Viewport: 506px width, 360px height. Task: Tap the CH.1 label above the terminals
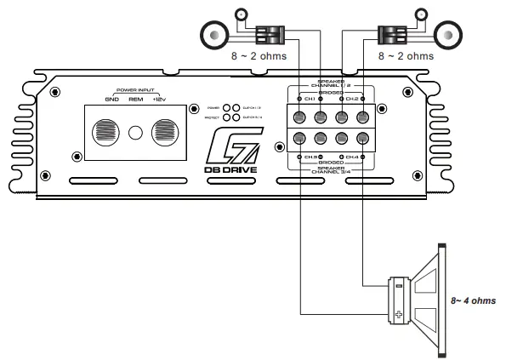pos(310,100)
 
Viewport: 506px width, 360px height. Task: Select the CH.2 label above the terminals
pos(353,100)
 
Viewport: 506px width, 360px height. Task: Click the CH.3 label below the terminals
pos(310,157)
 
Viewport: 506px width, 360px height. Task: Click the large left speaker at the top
pos(216,36)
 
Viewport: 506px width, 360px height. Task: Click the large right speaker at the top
pos(447,36)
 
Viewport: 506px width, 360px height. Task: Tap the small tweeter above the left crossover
pos(242,14)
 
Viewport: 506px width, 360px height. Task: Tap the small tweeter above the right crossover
pos(420,14)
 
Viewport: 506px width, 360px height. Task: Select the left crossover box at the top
pos(270,36)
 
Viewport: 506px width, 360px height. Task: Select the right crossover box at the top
pos(392,36)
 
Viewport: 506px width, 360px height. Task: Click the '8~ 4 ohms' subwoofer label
pos(473,300)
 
